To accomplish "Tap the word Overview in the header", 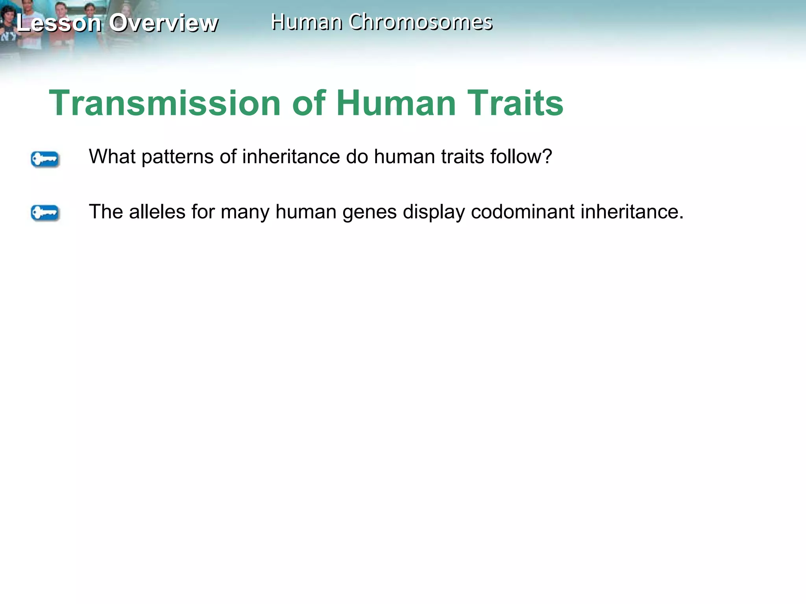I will (x=163, y=23).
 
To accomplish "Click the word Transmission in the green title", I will (x=165, y=103).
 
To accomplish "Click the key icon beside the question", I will (x=45, y=159).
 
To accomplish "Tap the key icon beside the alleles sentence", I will (x=45, y=213).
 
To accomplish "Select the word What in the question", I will (x=112, y=157).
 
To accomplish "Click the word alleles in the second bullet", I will (x=157, y=212).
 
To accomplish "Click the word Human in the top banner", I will (x=307, y=22).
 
